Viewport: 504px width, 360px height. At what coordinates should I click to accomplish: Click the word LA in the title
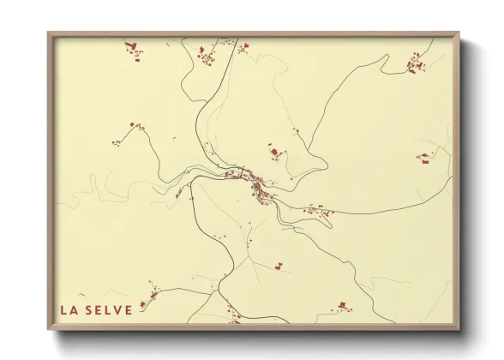pos(68,310)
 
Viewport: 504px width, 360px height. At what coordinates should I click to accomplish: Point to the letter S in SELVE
pos(88,310)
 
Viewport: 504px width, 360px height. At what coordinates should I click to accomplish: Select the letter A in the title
pos(74,310)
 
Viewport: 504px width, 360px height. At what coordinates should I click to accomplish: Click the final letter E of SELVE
pos(129,310)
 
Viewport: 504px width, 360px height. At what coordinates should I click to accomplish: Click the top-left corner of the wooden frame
pos(48,33)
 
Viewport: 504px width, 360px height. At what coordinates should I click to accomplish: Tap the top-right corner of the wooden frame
pos(459,33)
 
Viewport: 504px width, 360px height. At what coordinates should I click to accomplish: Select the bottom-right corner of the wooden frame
pos(459,330)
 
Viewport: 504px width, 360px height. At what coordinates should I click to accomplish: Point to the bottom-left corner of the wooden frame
pos(48,330)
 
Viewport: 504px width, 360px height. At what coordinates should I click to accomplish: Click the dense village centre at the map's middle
pos(258,183)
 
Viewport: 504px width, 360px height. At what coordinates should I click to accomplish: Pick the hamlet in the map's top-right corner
pos(416,63)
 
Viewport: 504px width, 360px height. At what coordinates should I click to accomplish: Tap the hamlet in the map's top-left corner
pos(135,50)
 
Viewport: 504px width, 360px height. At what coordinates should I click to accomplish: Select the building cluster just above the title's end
pos(153,294)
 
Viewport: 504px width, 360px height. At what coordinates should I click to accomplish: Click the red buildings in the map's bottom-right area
pos(342,306)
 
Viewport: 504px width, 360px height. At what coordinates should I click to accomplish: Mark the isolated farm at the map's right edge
pos(424,158)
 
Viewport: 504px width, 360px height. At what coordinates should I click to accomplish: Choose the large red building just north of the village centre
pos(275,153)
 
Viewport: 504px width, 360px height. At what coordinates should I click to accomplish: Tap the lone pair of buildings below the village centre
pos(279,267)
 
